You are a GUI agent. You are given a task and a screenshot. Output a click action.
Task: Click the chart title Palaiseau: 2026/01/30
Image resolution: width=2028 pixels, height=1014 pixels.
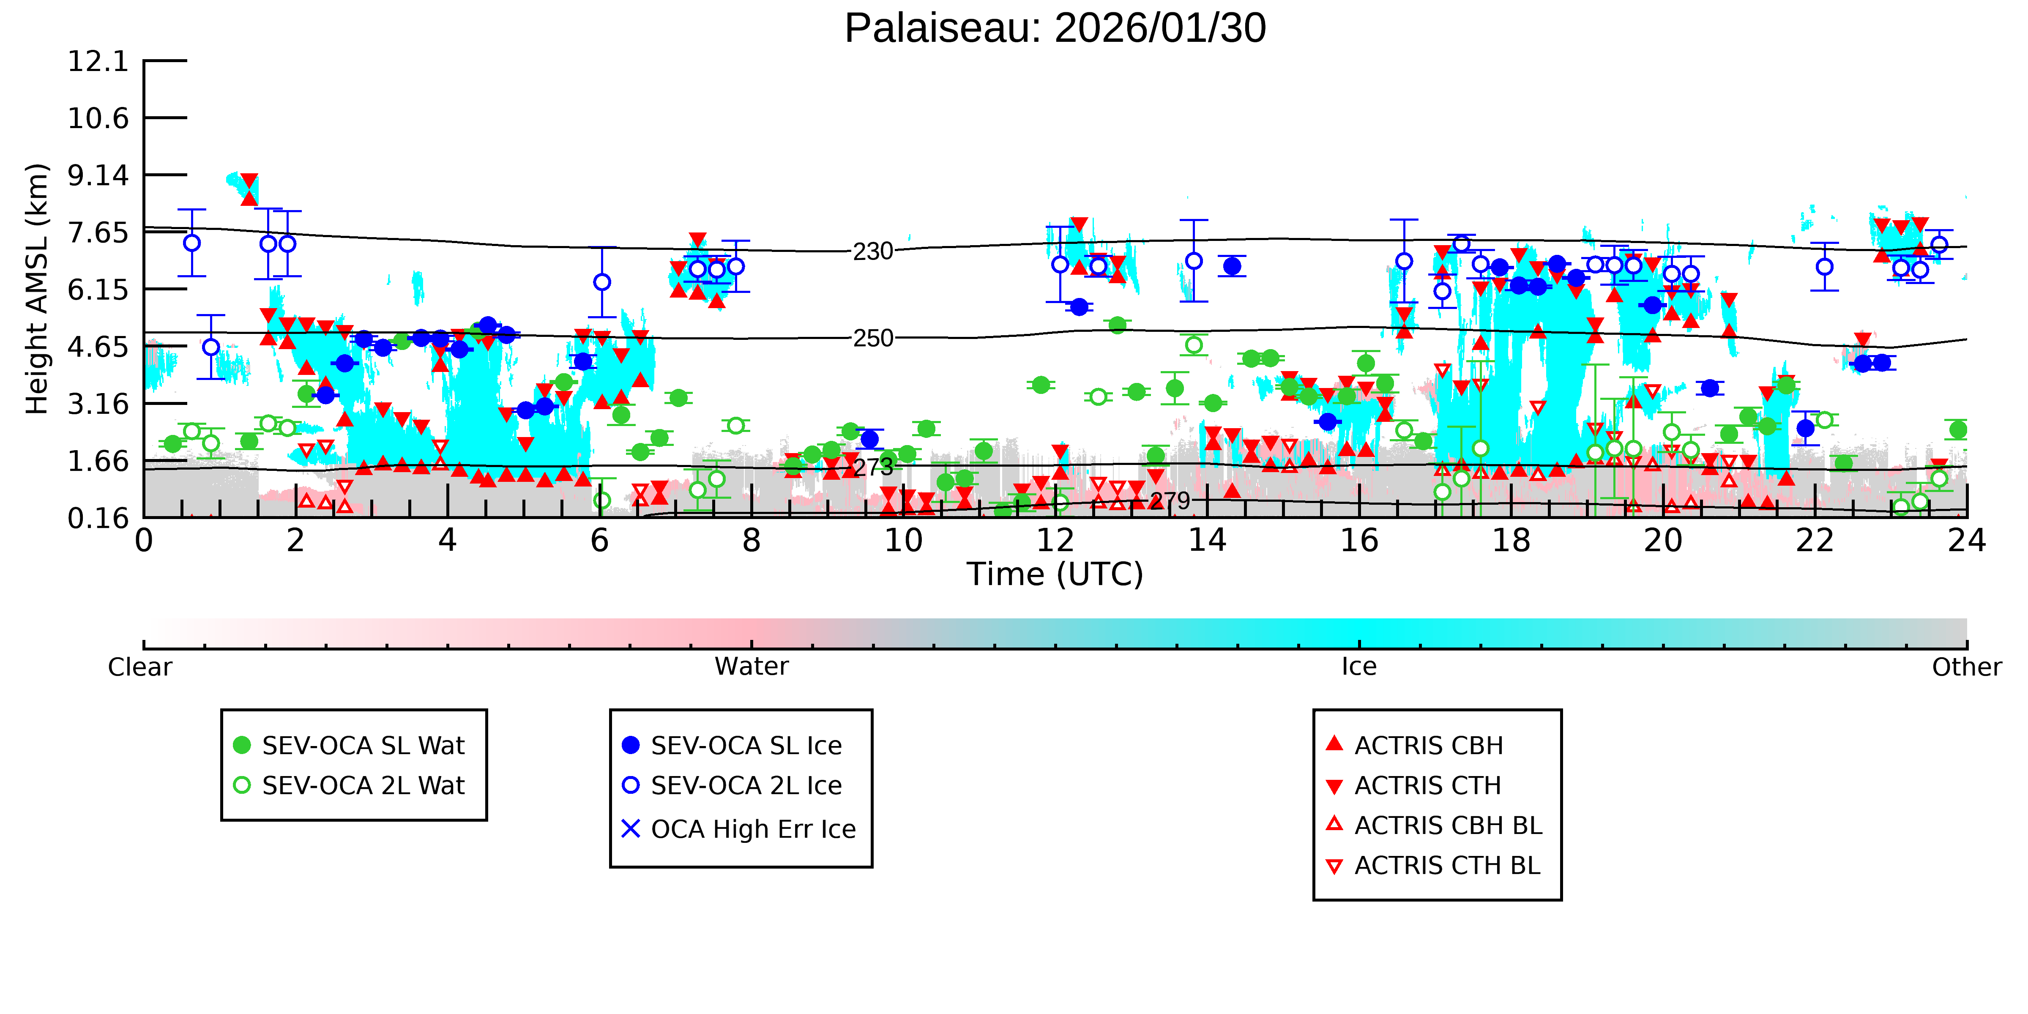1055,28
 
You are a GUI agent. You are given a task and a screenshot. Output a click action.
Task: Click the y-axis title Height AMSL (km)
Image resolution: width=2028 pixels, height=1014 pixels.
37,289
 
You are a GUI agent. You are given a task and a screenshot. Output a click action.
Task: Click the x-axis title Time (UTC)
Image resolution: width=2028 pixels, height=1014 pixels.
1055,574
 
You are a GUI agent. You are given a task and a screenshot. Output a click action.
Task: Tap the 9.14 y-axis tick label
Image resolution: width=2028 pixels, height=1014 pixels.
98,175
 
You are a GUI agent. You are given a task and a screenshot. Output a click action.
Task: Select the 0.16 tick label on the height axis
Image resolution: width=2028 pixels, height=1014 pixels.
98,518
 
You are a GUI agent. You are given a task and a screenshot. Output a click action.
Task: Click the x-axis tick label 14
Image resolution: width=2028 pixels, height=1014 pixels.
1207,541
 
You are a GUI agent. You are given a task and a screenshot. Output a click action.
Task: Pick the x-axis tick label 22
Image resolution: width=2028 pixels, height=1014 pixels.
1815,541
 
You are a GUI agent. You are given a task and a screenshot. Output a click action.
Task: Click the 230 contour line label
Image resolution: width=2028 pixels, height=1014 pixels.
873,252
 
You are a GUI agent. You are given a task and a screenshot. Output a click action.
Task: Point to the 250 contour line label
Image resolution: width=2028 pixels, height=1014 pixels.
873,339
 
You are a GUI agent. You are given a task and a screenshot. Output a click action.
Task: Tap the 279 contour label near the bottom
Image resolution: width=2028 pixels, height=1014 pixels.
1170,501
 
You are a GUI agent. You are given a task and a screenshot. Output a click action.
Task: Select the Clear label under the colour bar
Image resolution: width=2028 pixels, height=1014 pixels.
139,667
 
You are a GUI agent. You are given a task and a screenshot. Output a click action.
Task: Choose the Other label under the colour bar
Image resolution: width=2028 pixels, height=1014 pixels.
1966,667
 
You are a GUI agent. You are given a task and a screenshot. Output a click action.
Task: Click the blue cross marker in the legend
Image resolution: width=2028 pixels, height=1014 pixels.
631,829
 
